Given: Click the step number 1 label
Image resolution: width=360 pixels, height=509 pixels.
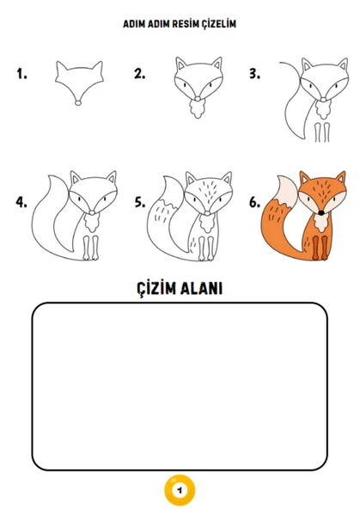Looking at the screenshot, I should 21,75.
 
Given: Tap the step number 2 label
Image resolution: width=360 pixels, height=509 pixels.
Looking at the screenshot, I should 139,75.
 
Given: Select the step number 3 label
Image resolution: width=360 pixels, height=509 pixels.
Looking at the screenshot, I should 254,75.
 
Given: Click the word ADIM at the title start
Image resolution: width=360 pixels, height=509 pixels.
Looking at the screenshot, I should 134,25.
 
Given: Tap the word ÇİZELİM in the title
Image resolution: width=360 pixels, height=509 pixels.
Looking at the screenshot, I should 216,25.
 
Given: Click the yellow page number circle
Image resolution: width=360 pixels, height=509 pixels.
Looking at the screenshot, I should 180,489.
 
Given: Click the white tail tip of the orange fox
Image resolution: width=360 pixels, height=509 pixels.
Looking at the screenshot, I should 283,192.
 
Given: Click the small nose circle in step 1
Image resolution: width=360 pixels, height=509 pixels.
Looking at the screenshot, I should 79,103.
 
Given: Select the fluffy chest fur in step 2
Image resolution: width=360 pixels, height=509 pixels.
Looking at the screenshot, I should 197,110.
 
